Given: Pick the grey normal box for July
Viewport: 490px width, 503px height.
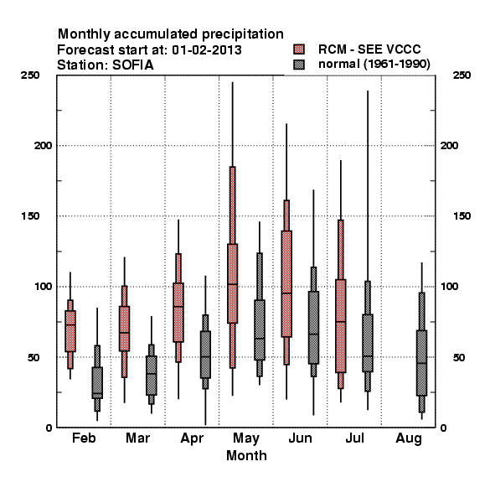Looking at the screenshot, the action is pos(368,343).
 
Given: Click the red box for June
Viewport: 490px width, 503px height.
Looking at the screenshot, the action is pos(286,283).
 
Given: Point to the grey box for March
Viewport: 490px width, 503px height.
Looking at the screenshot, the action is pos(152,376).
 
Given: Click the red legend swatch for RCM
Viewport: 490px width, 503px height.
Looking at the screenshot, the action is pos(299,49).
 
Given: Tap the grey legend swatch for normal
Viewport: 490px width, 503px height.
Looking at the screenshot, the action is pos(299,65).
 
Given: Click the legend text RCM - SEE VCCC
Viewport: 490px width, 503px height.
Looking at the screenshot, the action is pos(369,49).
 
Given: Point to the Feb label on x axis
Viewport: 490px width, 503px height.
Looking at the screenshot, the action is pos(84,438).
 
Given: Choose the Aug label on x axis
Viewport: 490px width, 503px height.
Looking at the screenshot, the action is pos(409,438).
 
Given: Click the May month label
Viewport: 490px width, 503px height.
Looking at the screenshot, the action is pos(246,438).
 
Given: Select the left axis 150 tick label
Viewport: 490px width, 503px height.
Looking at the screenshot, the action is pos(30,216).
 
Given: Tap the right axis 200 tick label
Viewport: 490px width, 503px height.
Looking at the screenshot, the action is pos(449,146).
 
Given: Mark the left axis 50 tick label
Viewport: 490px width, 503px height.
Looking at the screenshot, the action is pos(34,357).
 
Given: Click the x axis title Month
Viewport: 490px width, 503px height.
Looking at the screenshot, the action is pos(246,455).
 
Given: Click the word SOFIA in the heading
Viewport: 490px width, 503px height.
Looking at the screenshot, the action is pos(132,65).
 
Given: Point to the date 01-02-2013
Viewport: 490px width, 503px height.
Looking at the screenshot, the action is pos(207,50).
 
